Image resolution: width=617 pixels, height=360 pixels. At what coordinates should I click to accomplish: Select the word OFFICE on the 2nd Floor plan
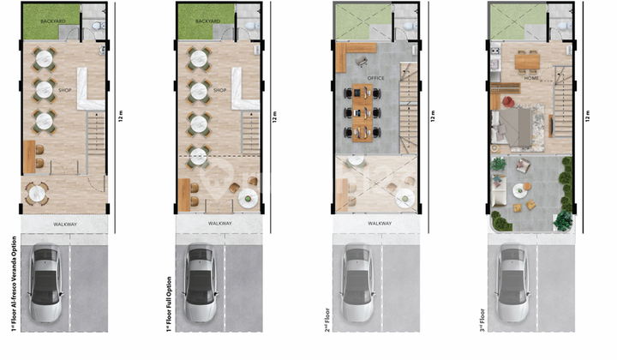point(376,78)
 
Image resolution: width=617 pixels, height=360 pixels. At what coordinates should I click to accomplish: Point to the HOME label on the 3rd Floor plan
point(532,78)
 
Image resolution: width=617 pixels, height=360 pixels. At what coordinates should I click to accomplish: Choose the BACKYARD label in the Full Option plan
point(208,21)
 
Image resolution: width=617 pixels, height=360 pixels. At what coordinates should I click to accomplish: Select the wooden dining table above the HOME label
point(525,59)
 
